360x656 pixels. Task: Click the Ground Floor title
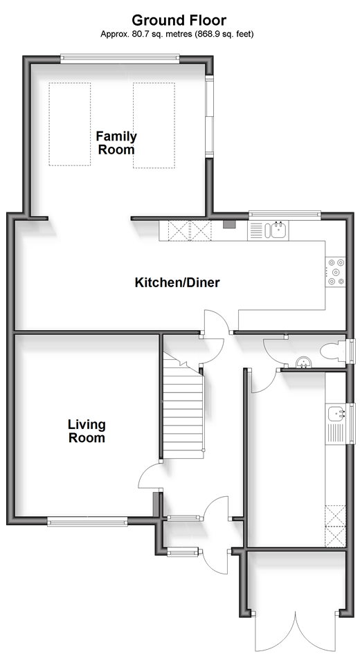[x=179, y=20]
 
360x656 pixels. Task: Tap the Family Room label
[x=116, y=143]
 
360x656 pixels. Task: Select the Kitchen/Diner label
[x=177, y=282]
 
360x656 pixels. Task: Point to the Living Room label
[x=87, y=431]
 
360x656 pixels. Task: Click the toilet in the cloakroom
[x=333, y=351]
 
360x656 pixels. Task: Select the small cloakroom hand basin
[x=303, y=363]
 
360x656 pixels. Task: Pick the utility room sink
[x=336, y=413]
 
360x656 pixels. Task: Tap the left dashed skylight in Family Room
[x=69, y=124]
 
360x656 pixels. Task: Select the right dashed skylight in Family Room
[x=154, y=125]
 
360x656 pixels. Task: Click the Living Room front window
[x=87, y=521]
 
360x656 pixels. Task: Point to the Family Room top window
[x=120, y=59]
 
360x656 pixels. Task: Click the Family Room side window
[x=209, y=116]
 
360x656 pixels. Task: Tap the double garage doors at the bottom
[x=296, y=632]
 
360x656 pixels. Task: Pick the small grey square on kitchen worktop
[x=229, y=224]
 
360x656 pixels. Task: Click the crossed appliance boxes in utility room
[x=336, y=526]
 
